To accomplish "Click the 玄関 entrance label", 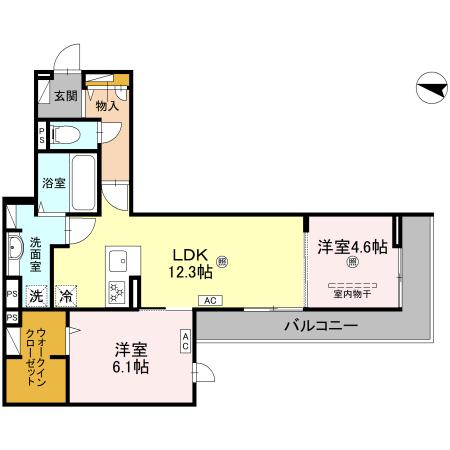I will click(x=66, y=97).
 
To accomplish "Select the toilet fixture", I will click(x=65, y=134).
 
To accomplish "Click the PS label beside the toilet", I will click(x=41, y=134).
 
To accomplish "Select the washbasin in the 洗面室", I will click(x=15, y=247).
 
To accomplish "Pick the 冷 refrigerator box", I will click(x=65, y=296).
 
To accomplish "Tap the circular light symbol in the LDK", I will click(x=223, y=263).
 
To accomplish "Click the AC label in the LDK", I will click(x=211, y=300).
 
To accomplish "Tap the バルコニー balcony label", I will click(x=320, y=326).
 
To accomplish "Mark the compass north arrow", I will click(x=428, y=90).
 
